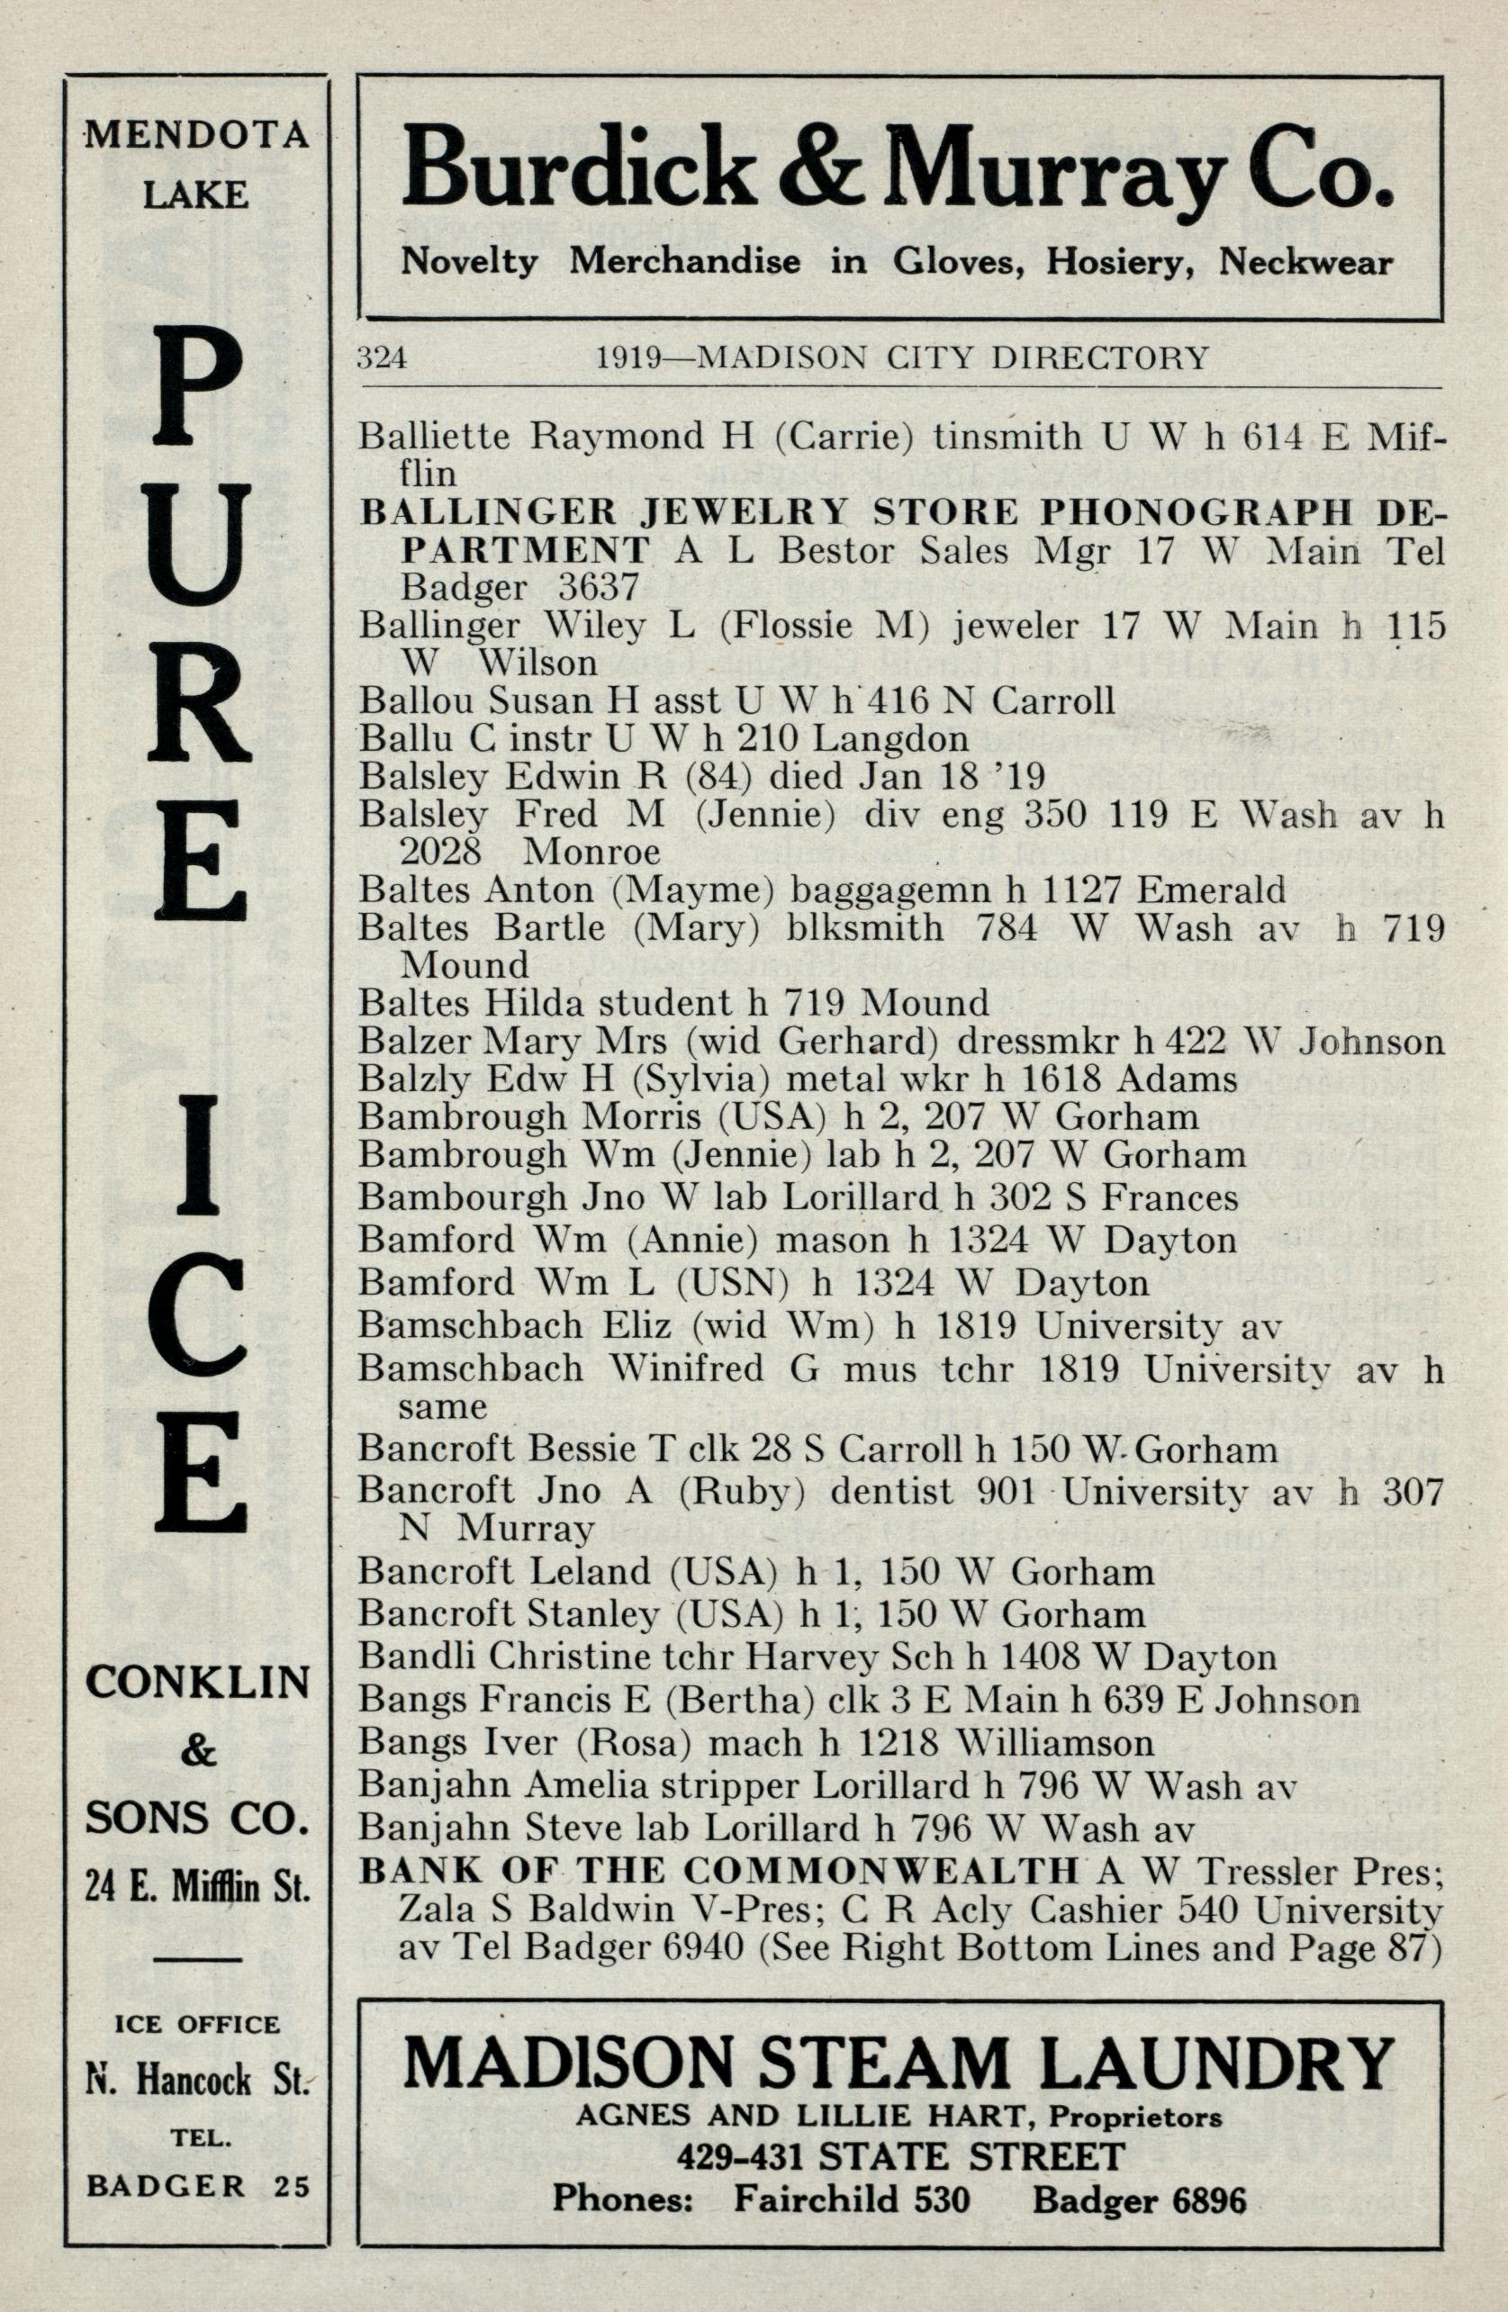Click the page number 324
[x=381, y=358]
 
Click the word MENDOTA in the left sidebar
[x=196, y=135]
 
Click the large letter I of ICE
[x=197, y=1157]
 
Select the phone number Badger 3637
[x=519, y=587]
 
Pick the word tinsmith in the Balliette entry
[x=1007, y=436]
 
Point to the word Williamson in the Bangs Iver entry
[x=1054, y=1743]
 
